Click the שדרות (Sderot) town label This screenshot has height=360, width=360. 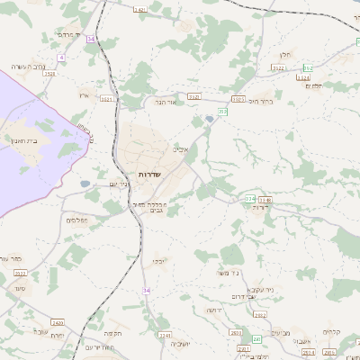point(149,174)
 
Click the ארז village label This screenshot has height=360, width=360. point(84,95)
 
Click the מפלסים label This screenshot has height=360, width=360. point(76,220)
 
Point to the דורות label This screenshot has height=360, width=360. point(260,208)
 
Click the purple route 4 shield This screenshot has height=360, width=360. point(62,57)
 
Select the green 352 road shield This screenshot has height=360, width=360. point(309,68)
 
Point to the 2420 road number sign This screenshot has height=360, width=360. point(58,322)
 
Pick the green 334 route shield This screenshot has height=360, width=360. point(249,199)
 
